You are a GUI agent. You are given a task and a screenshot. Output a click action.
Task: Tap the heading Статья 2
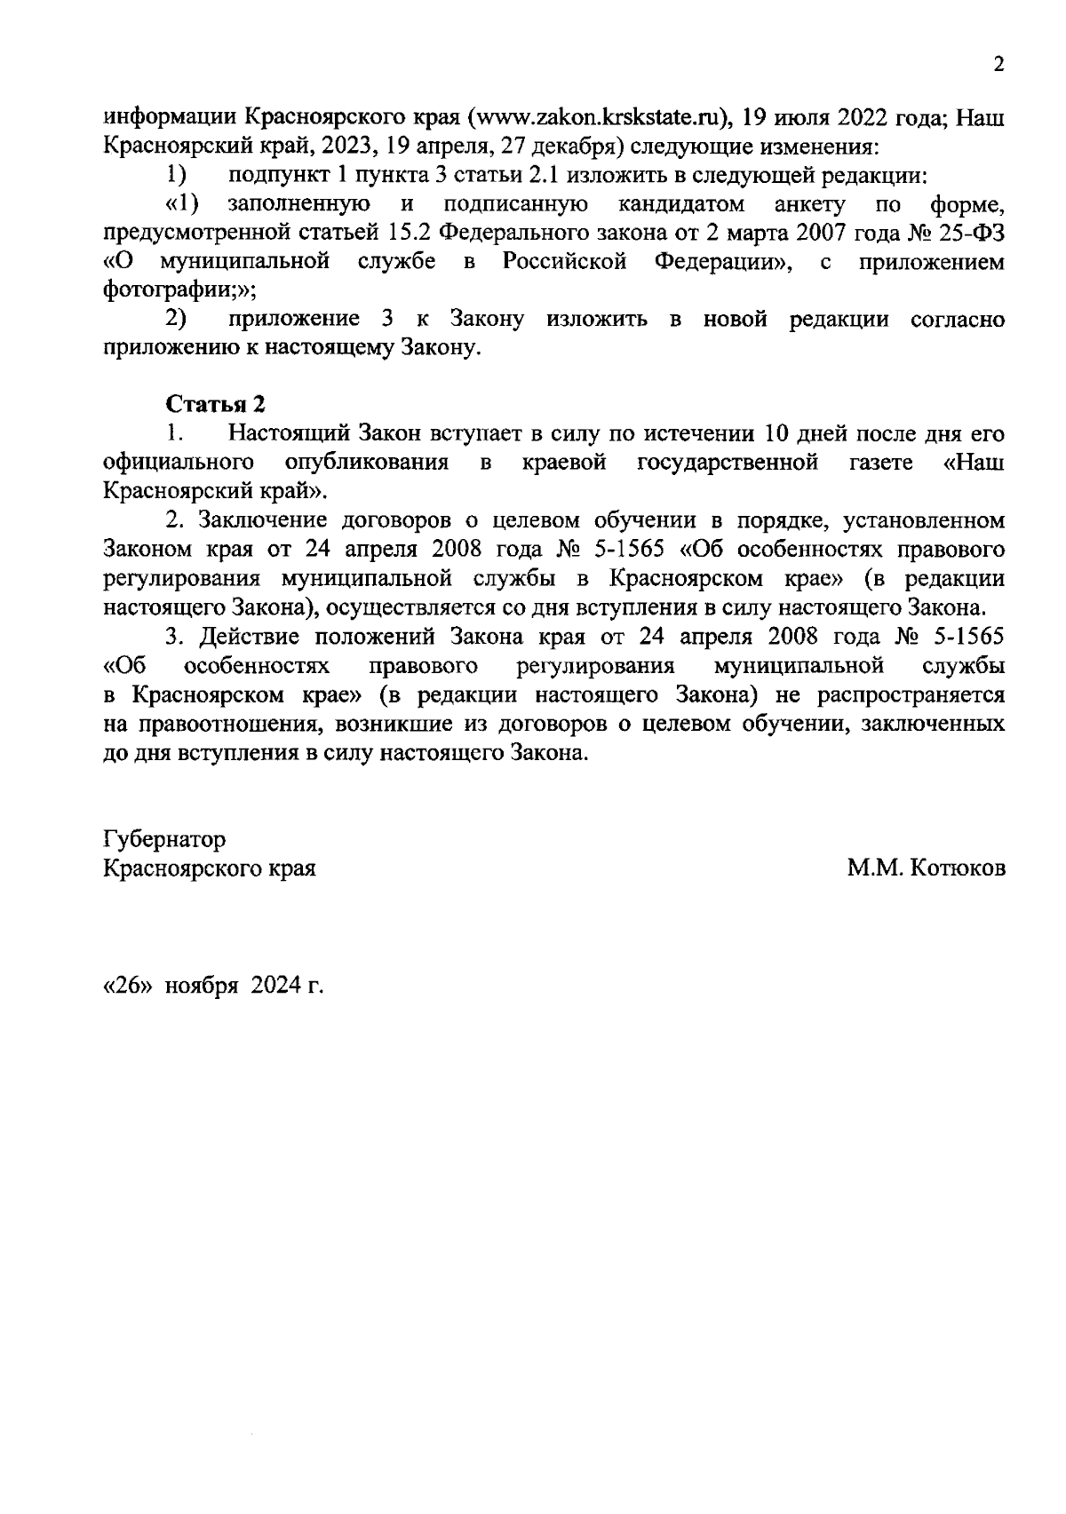[216, 404]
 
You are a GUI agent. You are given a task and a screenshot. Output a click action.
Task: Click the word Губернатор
[164, 840]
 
